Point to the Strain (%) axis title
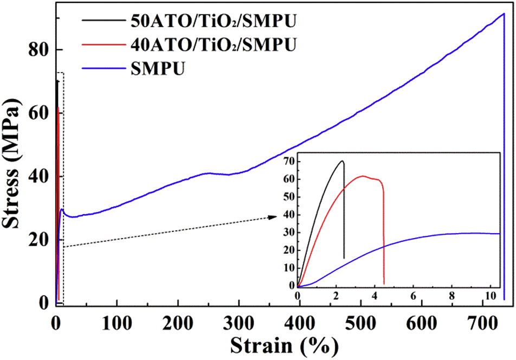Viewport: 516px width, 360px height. click(x=283, y=345)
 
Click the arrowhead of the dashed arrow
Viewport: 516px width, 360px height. click(x=274, y=217)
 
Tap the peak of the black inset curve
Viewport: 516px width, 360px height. click(x=342, y=160)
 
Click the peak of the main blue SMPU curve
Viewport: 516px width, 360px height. click(x=504, y=14)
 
